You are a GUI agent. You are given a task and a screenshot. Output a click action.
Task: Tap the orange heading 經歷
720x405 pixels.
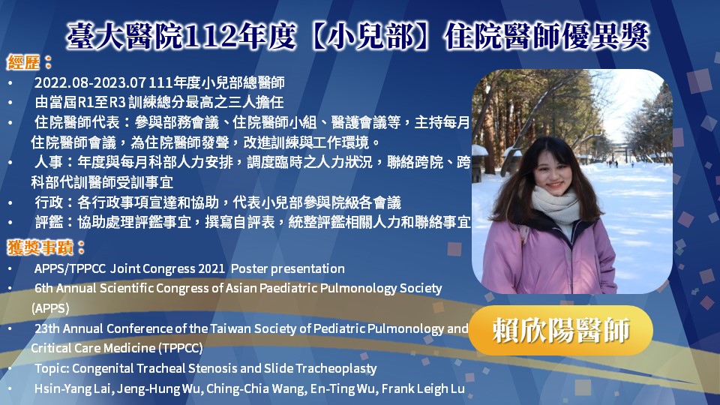[x=23, y=62]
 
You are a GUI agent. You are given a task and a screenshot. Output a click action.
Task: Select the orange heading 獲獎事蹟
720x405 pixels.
[x=40, y=248]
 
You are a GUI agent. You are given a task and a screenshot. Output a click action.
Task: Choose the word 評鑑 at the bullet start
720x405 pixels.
[x=49, y=223]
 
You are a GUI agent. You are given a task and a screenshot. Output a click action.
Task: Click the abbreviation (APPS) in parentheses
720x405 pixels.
[x=50, y=308]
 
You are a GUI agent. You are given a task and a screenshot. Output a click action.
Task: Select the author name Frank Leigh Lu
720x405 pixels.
[x=423, y=389]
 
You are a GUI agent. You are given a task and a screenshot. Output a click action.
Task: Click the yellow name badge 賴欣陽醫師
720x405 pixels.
[x=561, y=330]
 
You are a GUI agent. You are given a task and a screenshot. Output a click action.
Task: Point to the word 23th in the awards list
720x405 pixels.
[x=46, y=328]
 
